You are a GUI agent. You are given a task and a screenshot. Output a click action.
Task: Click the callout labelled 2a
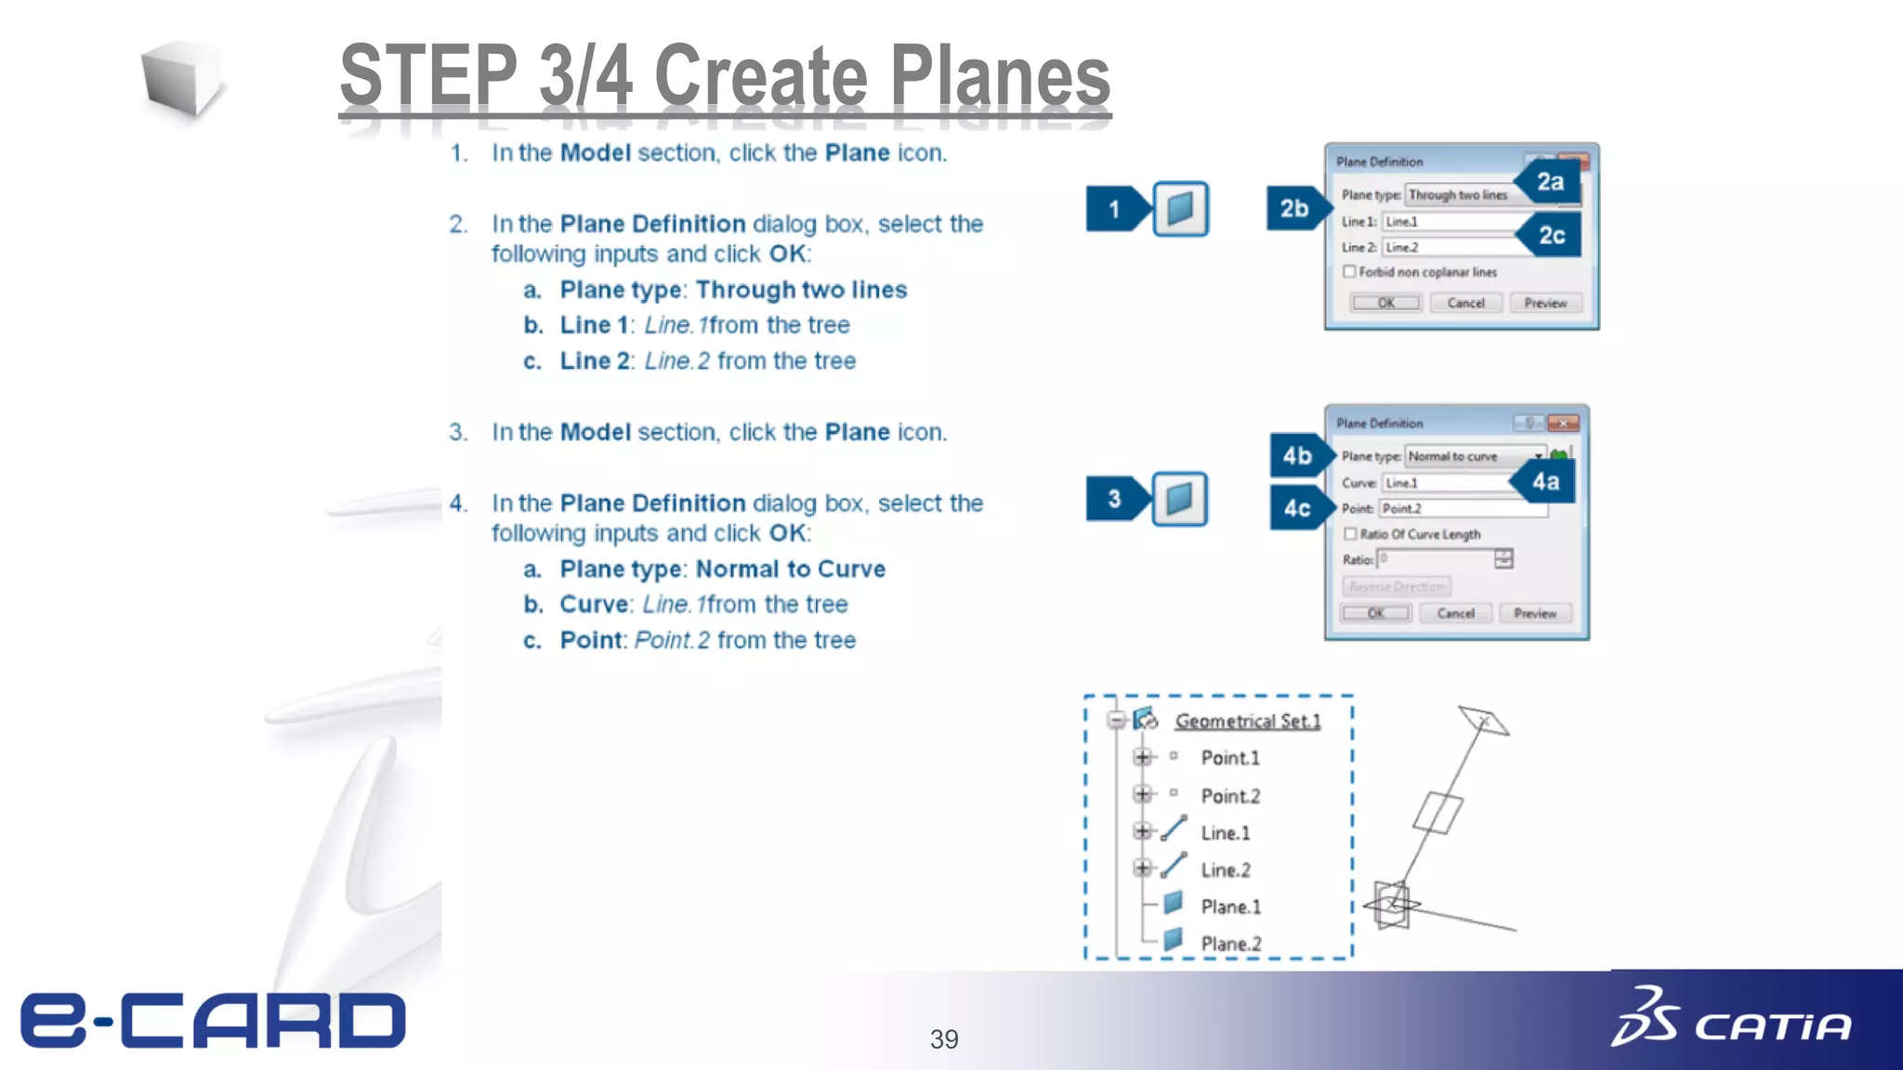(x=1549, y=182)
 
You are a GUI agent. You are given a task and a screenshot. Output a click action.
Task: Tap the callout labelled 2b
(x=1294, y=209)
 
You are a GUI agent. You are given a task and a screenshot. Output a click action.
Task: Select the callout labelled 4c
(x=1297, y=508)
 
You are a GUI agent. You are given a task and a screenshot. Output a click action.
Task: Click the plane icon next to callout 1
(x=1180, y=209)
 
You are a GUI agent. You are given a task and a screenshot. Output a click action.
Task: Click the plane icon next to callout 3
(x=1179, y=500)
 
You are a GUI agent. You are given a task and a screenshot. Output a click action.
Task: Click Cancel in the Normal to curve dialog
(x=1455, y=613)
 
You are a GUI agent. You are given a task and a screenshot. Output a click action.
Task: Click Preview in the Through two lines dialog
(x=1544, y=303)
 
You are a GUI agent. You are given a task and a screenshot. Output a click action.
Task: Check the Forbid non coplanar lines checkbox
(x=1350, y=272)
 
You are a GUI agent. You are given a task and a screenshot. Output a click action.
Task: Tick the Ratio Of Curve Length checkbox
(x=1350, y=534)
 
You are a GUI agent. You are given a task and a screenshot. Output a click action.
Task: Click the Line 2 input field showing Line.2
(x=1450, y=247)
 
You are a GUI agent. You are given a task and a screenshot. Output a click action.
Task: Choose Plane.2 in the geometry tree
(x=1230, y=944)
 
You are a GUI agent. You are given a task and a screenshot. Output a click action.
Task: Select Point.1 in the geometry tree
(x=1229, y=758)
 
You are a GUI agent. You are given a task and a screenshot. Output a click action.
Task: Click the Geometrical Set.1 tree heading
(x=1247, y=721)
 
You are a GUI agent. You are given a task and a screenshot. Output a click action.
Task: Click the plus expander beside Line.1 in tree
(x=1142, y=831)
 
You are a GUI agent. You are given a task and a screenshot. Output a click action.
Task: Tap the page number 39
(x=944, y=1039)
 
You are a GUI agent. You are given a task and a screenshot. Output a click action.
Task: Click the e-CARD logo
(x=213, y=1020)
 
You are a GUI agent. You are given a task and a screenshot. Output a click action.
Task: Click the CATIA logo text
(x=1773, y=1026)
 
